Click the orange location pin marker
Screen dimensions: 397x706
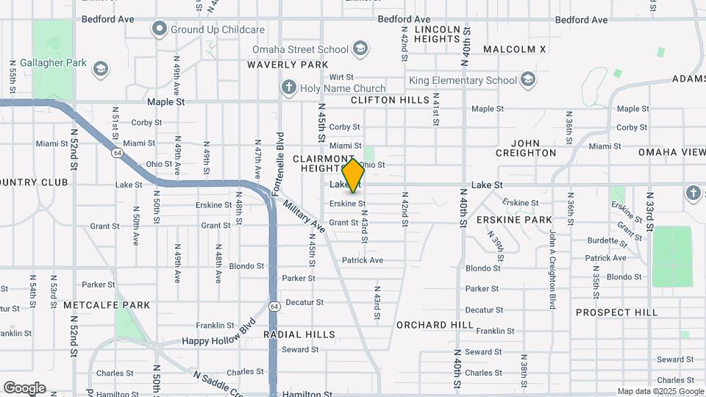click(354, 176)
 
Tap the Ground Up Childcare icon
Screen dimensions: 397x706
click(160, 29)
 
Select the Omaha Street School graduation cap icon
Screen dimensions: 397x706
click(360, 49)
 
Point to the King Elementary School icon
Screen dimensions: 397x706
click(527, 79)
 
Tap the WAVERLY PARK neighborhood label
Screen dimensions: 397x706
click(288, 65)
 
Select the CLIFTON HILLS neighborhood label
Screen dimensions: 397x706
click(390, 99)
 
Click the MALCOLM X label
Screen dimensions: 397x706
click(515, 49)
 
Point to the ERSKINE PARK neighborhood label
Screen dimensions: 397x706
click(514, 220)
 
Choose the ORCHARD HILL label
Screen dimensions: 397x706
click(435, 324)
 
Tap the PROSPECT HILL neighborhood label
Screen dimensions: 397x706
click(616, 312)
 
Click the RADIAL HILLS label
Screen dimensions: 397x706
click(299, 335)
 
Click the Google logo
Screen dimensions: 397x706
click(24, 388)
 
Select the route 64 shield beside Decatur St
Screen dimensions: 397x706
click(274, 306)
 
